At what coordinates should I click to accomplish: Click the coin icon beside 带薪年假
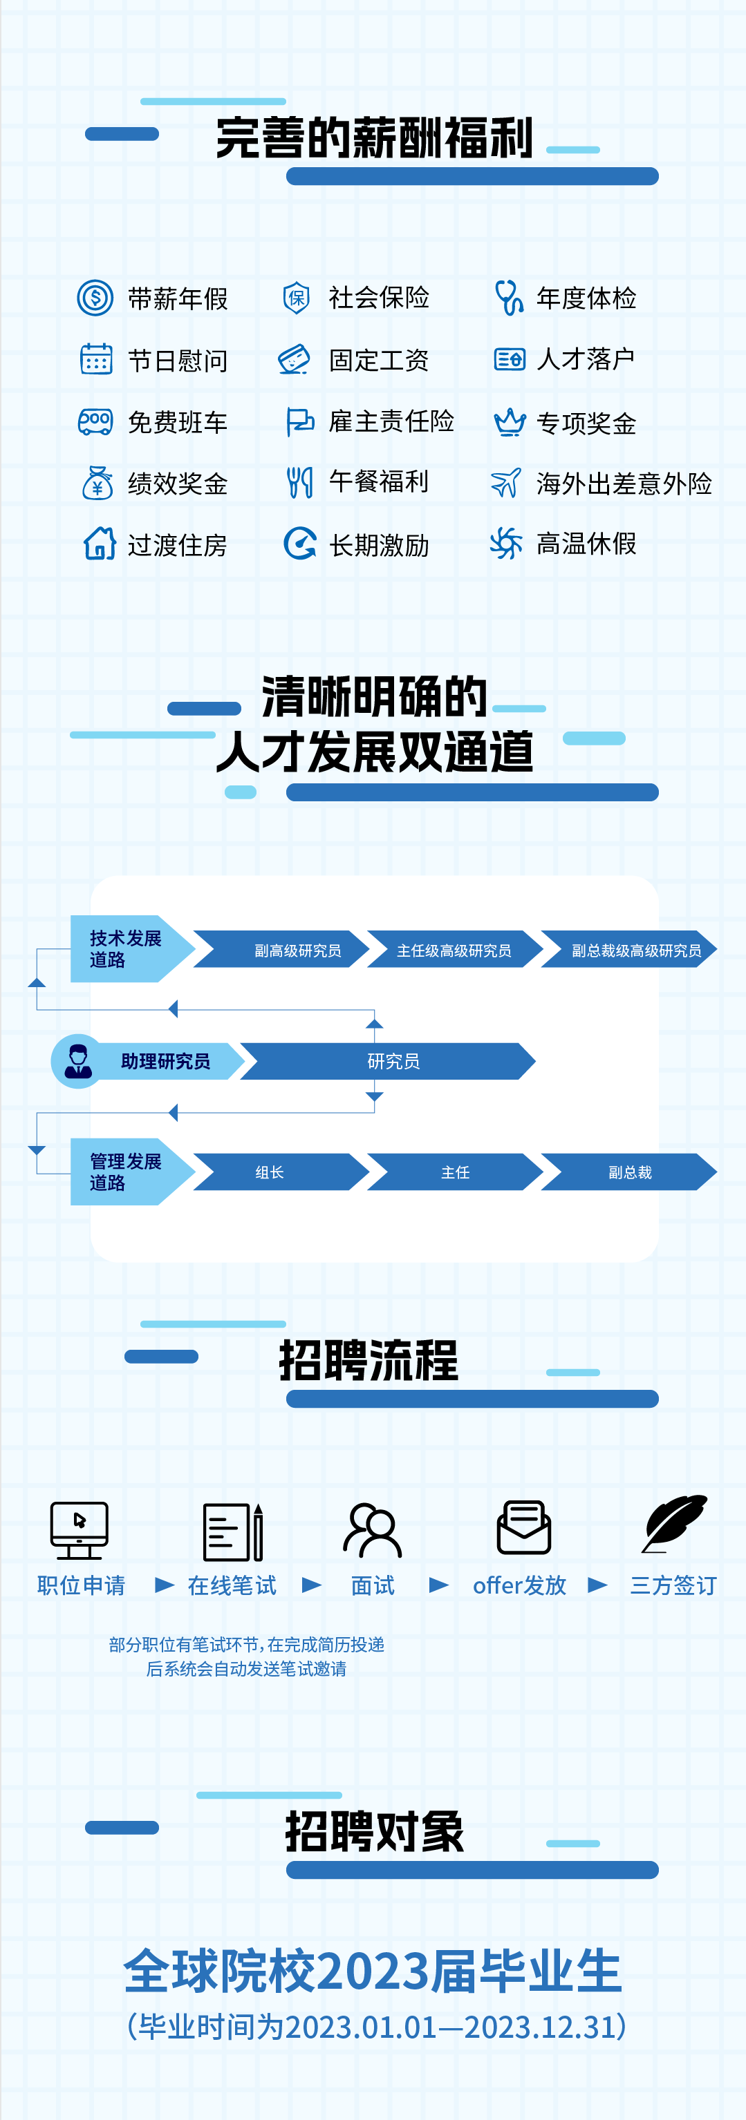(x=95, y=297)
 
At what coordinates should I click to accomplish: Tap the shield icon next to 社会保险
(x=297, y=297)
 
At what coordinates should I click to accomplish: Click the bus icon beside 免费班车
(x=95, y=421)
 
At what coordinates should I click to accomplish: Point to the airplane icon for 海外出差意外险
(x=505, y=482)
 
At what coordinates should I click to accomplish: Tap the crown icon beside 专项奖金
(x=510, y=422)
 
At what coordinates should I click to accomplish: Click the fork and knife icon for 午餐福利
(x=299, y=482)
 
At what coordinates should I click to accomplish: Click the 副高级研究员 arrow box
(x=288, y=950)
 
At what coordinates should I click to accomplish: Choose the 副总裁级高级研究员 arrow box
(x=630, y=950)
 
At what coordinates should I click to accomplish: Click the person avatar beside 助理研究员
(x=78, y=1061)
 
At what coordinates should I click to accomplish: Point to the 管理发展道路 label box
(x=126, y=1172)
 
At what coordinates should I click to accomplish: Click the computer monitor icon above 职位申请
(x=79, y=1530)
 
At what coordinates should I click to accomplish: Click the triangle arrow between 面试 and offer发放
(x=439, y=1585)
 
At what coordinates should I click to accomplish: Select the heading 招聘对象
(x=375, y=1833)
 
